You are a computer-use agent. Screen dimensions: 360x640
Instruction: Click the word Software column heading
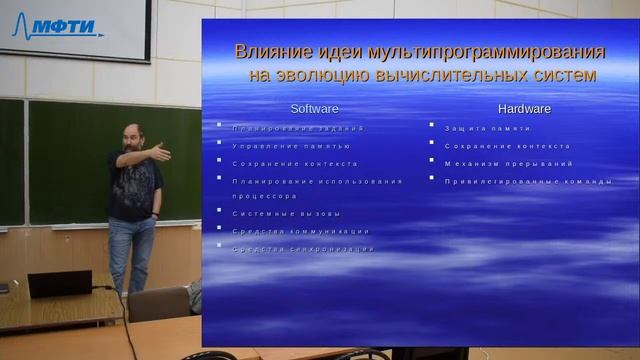pos(314,108)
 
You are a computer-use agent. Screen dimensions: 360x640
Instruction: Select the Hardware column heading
pos(524,108)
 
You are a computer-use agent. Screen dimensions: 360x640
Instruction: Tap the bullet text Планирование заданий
pos(298,129)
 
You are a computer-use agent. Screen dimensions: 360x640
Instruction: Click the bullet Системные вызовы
pos(286,214)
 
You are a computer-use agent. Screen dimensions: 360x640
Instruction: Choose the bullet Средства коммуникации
pos(300,231)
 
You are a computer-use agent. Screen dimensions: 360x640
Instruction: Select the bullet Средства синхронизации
pos(303,248)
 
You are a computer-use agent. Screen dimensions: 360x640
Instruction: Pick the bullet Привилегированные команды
pos(528,180)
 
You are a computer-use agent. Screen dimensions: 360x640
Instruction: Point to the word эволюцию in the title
pos(329,75)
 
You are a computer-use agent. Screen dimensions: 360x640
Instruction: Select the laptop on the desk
pos(60,284)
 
